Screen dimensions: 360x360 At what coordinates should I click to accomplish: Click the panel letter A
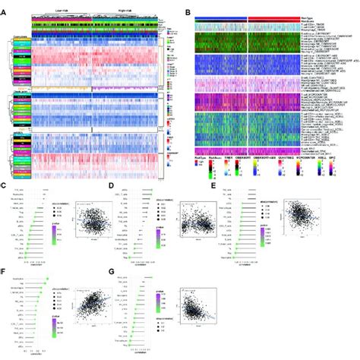5,5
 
